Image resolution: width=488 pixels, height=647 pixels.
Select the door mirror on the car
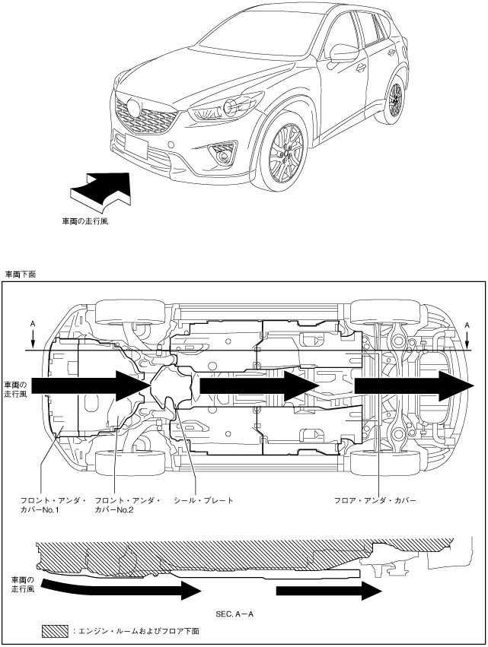(344, 54)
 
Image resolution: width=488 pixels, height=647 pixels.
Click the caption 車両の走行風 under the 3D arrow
(90, 222)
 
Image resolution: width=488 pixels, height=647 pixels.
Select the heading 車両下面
(21, 272)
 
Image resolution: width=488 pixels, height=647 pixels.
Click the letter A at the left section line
(33, 323)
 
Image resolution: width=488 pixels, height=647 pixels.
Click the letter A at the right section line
(467, 323)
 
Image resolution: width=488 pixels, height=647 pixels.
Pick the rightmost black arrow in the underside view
(415, 387)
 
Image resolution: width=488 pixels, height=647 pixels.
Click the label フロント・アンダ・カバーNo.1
(53, 505)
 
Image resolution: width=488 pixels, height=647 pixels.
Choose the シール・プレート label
(203, 500)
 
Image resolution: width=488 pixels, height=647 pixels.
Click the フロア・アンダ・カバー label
(375, 500)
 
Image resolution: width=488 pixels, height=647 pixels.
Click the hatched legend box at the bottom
(54, 631)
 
